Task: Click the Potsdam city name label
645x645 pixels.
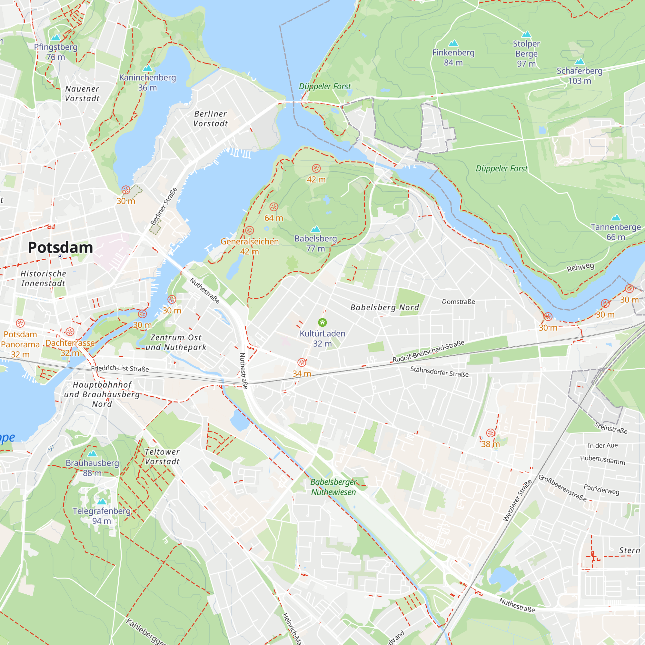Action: [x=60, y=248]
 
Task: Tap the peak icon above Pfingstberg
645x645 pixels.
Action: [x=56, y=37]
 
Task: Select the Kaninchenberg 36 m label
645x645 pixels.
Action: [x=148, y=82]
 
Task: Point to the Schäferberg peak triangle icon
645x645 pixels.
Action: [x=580, y=61]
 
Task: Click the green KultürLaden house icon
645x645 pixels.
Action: [x=322, y=322]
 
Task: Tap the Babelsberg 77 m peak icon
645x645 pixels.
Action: [x=315, y=229]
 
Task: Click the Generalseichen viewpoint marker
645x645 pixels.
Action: [x=249, y=230]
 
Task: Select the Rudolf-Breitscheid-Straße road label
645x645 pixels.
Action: [x=428, y=352]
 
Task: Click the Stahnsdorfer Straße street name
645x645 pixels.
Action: [x=439, y=372]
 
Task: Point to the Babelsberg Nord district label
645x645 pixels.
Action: [x=385, y=307]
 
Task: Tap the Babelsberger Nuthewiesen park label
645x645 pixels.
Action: [x=333, y=487]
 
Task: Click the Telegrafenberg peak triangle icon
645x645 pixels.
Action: [x=102, y=501]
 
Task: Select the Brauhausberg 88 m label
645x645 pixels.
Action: [x=92, y=468]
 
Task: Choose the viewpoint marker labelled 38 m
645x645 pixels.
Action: [x=491, y=433]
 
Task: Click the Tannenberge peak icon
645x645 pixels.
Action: [x=616, y=218]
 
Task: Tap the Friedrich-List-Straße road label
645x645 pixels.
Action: [x=120, y=368]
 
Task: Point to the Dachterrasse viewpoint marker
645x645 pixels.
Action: [x=70, y=332]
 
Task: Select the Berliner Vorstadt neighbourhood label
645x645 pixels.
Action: [x=210, y=118]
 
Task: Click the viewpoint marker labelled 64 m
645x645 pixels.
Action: [x=274, y=207]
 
